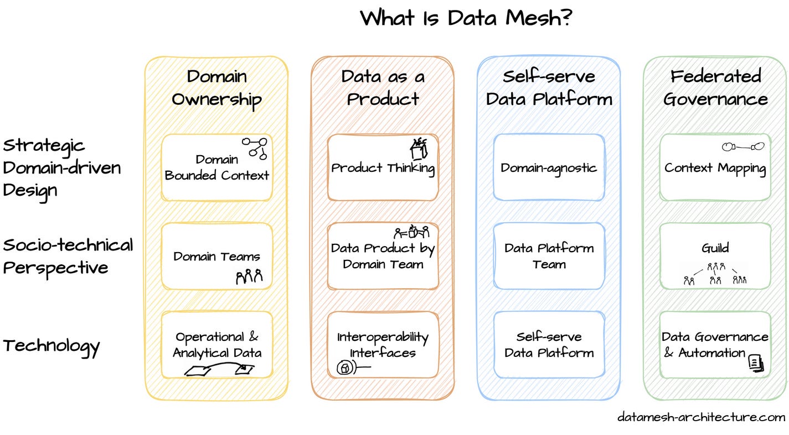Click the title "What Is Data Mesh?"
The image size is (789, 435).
[466, 18]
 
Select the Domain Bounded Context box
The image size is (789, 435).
[216, 168]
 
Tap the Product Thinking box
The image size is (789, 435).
[383, 168]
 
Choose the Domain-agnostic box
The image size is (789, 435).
[549, 168]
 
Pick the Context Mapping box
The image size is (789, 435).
[715, 168]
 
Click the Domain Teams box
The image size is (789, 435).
[216, 257]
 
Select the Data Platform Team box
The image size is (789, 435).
[549, 257]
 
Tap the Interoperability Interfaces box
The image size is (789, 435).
[383, 345]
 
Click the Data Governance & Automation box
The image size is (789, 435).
[715, 345]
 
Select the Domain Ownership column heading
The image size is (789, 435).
[216, 88]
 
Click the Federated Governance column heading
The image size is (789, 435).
[715, 88]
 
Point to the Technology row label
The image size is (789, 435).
[51, 346]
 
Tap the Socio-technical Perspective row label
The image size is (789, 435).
[68, 256]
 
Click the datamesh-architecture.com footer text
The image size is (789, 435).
[701, 417]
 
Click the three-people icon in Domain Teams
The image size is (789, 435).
[249, 276]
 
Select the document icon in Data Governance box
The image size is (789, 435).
[756, 363]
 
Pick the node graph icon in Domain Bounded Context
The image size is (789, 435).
[255, 147]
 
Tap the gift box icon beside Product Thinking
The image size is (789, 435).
[419, 149]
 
